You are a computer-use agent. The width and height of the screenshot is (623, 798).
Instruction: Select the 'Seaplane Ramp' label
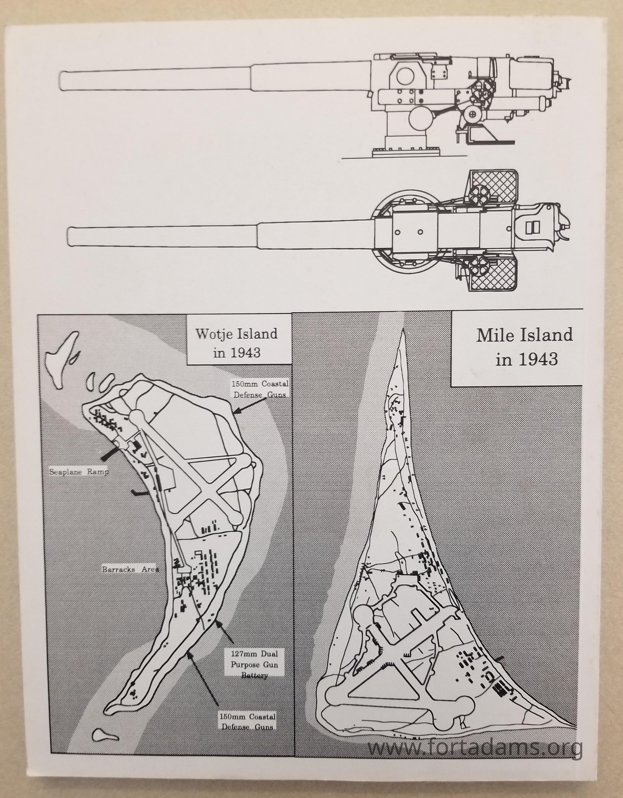pos(79,472)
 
